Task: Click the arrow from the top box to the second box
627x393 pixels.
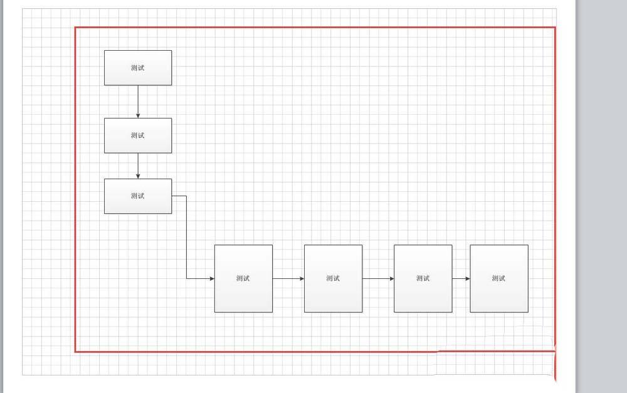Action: click(x=138, y=101)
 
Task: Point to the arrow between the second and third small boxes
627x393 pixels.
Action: click(x=138, y=165)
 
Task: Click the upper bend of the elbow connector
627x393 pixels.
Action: click(x=186, y=196)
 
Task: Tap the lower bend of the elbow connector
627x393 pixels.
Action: click(x=186, y=278)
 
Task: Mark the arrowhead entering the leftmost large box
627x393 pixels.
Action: click(x=211, y=278)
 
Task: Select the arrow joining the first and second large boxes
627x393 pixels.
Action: click(x=288, y=278)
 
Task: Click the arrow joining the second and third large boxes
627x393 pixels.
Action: click(x=378, y=278)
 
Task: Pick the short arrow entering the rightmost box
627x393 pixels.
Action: click(x=461, y=278)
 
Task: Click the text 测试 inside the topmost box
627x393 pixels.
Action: click(x=138, y=68)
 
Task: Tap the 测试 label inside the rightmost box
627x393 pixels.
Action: click(x=499, y=278)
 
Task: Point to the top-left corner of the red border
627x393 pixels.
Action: click(x=76, y=28)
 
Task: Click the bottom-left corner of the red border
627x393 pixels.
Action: click(x=76, y=352)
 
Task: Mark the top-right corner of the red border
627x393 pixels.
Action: click(x=555, y=28)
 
